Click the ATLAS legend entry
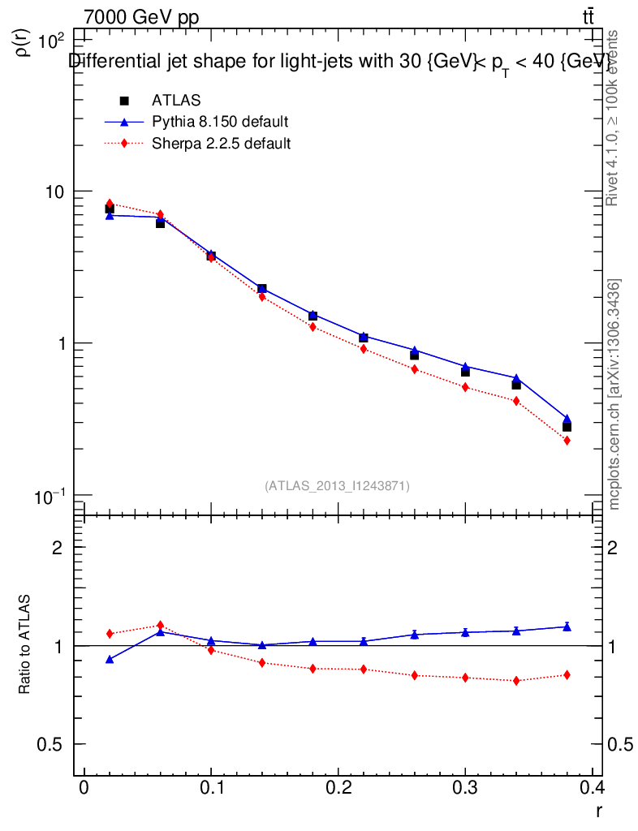click(175, 100)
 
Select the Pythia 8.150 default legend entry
click(219, 122)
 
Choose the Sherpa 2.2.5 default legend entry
click(221, 144)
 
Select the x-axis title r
click(598, 811)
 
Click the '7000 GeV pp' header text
click(141, 17)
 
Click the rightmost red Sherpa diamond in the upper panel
click(567, 441)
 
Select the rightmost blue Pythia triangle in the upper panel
click(567, 419)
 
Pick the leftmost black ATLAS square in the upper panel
click(110, 209)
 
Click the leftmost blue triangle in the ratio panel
click(110, 659)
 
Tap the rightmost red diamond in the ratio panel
click(567, 674)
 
